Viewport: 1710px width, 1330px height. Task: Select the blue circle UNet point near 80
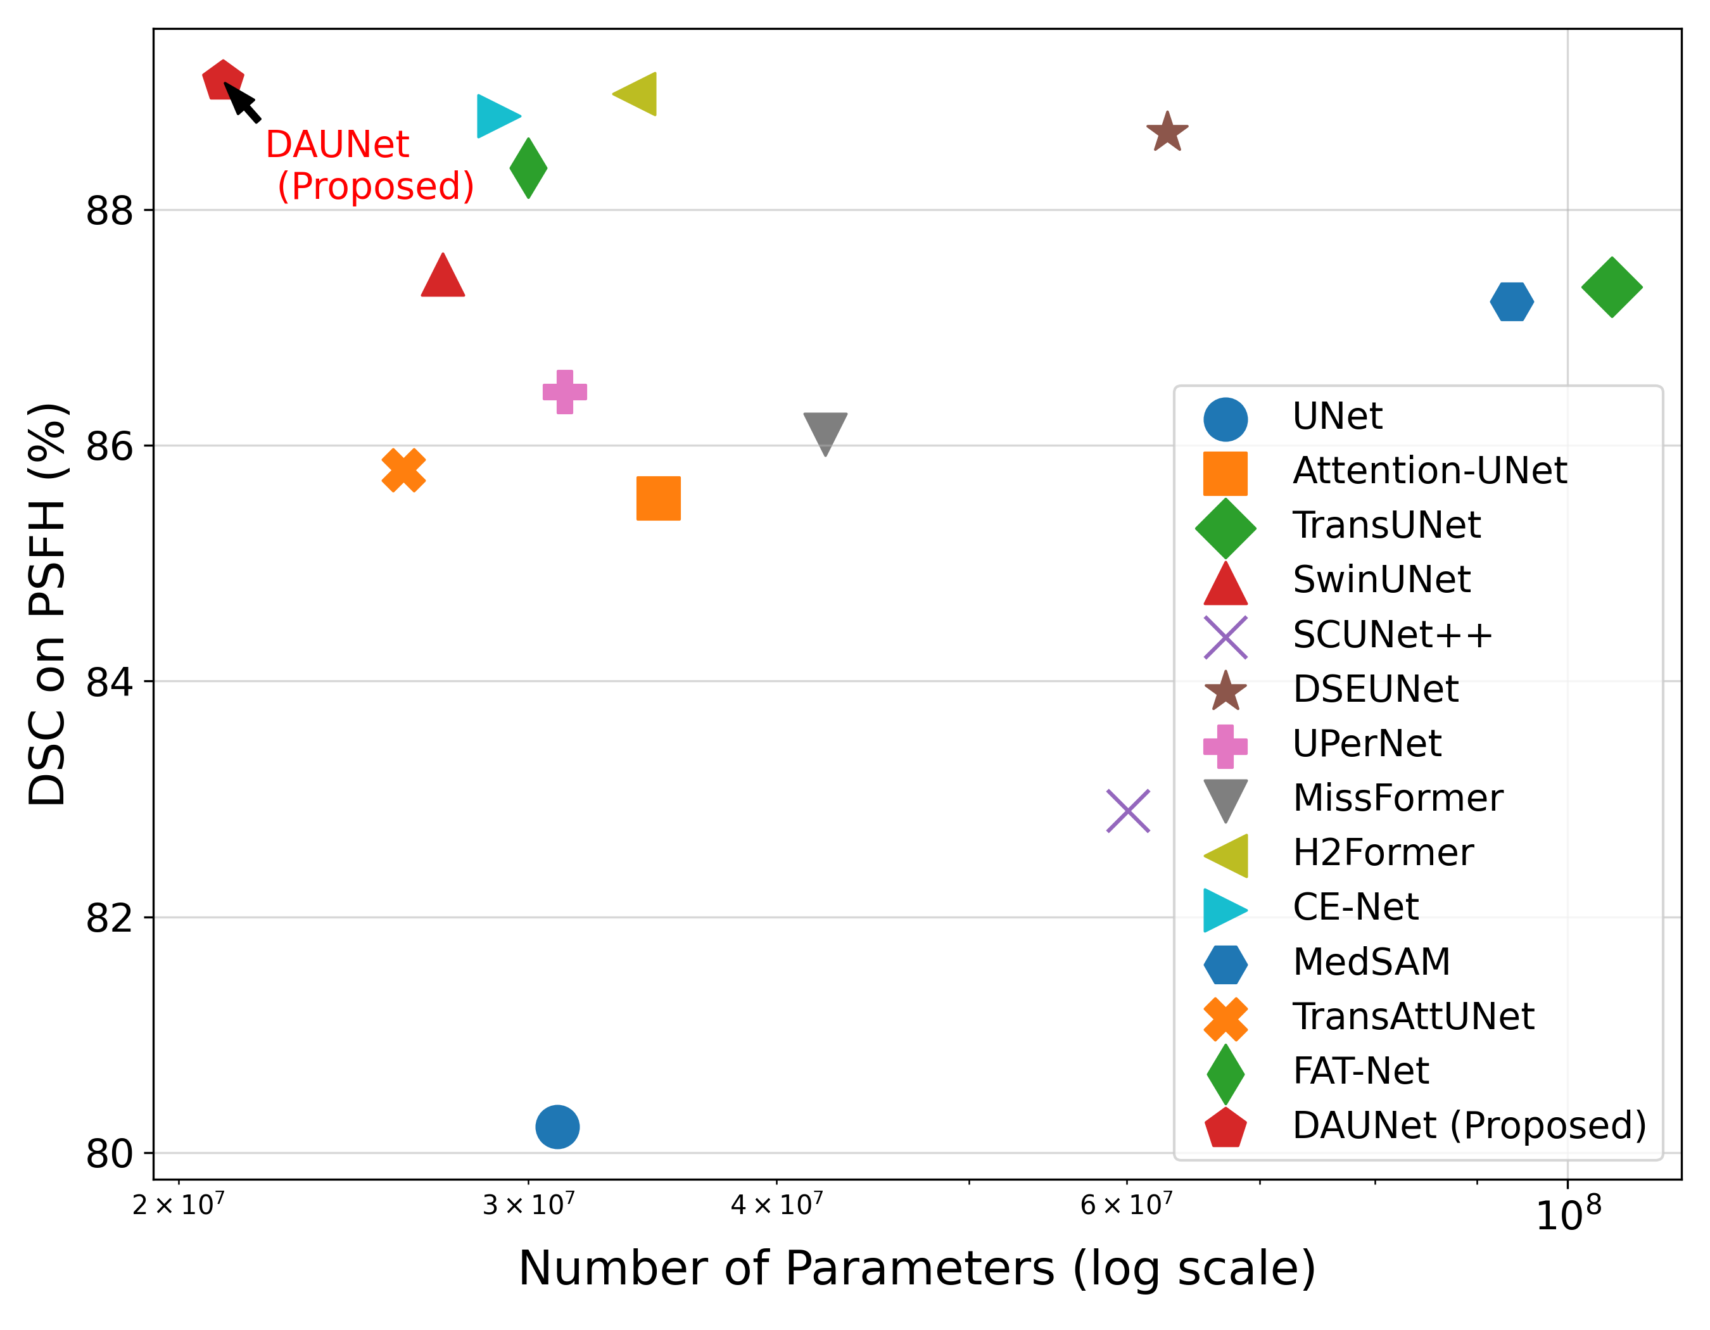(x=557, y=1127)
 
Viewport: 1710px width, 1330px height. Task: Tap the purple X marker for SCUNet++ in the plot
(x=1127, y=811)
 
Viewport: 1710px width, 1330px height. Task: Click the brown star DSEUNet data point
(x=1167, y=132)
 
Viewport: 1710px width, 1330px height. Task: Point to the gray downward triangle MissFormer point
(x=825, y=431)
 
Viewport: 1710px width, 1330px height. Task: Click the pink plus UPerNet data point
(x=564, y=391)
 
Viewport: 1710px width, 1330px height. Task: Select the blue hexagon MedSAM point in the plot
(x=1511, y=301)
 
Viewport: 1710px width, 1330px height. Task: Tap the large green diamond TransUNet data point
(x=1611, y=288)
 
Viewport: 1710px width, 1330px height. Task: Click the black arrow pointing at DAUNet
(x=243, y=103)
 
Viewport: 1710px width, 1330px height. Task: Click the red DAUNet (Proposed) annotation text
(x=370, y=165)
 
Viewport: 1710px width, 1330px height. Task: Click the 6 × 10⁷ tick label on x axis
(x=1126, y=1204)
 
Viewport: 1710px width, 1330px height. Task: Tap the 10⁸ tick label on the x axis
(x=1568, y=1213)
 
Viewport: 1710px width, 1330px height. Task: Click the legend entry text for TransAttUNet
(x=1412, y=1016)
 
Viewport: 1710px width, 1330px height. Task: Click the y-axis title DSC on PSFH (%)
(x=47, y=604)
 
